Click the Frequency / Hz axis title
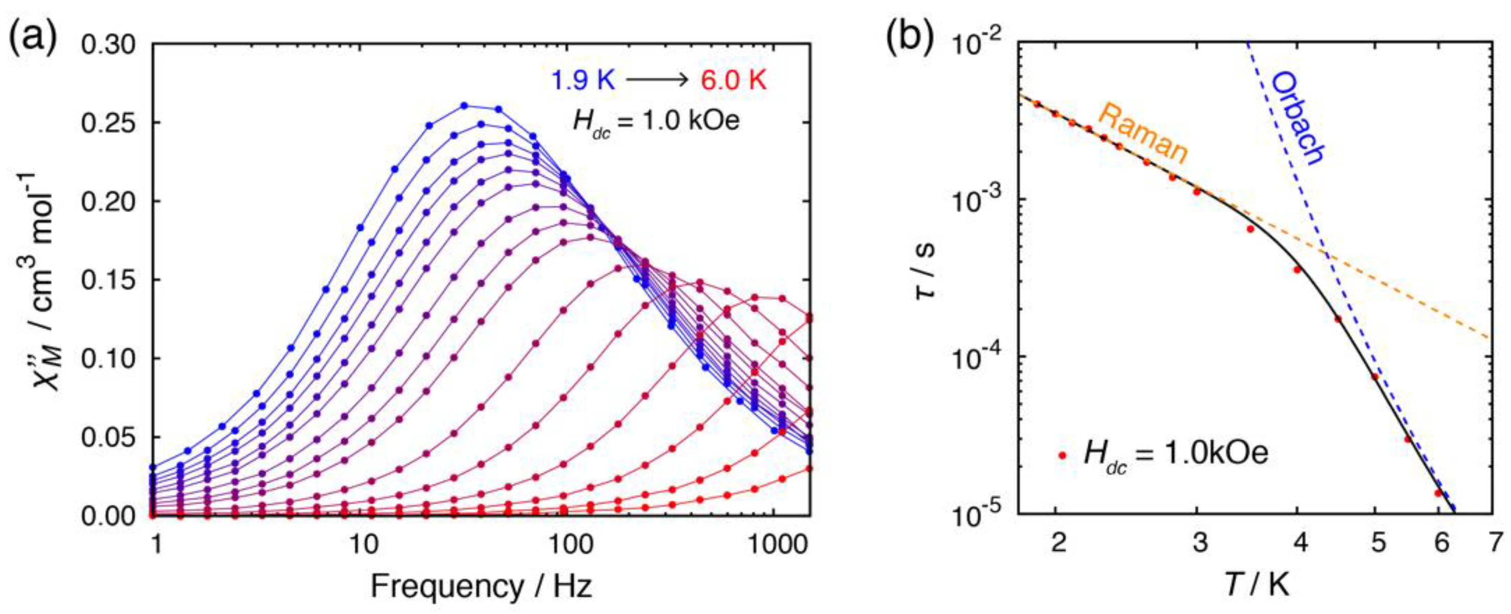pyautogui.click(x=481, y=586)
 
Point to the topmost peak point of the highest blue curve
pyautogui.click(x=464, y=106)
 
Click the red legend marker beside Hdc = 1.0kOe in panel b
pyautogui.click(x=1062, y=454)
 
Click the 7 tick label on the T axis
pyautogui.click(x=1495, y=543)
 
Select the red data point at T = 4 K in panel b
pyautogui.click(x=1298, y=270)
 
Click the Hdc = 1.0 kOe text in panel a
pyautogui.click(x=656, y=122)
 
